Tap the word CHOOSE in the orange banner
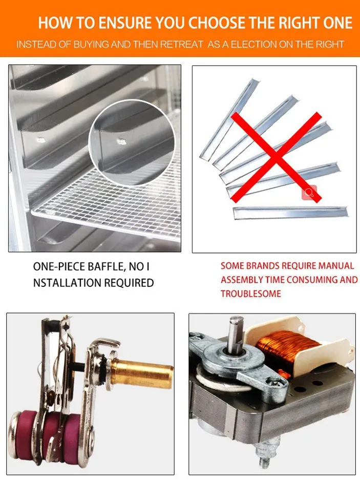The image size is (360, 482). point(216,24)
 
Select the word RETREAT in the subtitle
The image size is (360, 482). point(182,45)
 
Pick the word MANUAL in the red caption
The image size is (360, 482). point(336,266)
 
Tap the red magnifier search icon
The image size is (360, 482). point(309,193)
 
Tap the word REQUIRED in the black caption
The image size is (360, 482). point(131,283)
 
